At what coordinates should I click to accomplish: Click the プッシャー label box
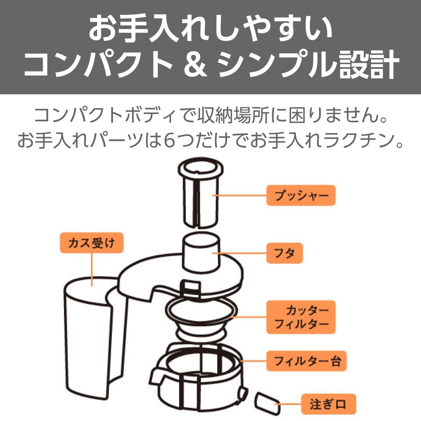tap(301, 195)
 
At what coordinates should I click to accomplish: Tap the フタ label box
tap(284, 253)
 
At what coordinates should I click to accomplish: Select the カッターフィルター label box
tap(301, 317)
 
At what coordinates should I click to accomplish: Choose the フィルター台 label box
tap(306, 361)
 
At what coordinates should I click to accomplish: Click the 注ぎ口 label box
tap(329, 404)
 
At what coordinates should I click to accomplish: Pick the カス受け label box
tap(92, 243)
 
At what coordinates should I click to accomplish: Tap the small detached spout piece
tap(267, 403)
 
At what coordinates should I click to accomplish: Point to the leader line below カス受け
tap(92, 269)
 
